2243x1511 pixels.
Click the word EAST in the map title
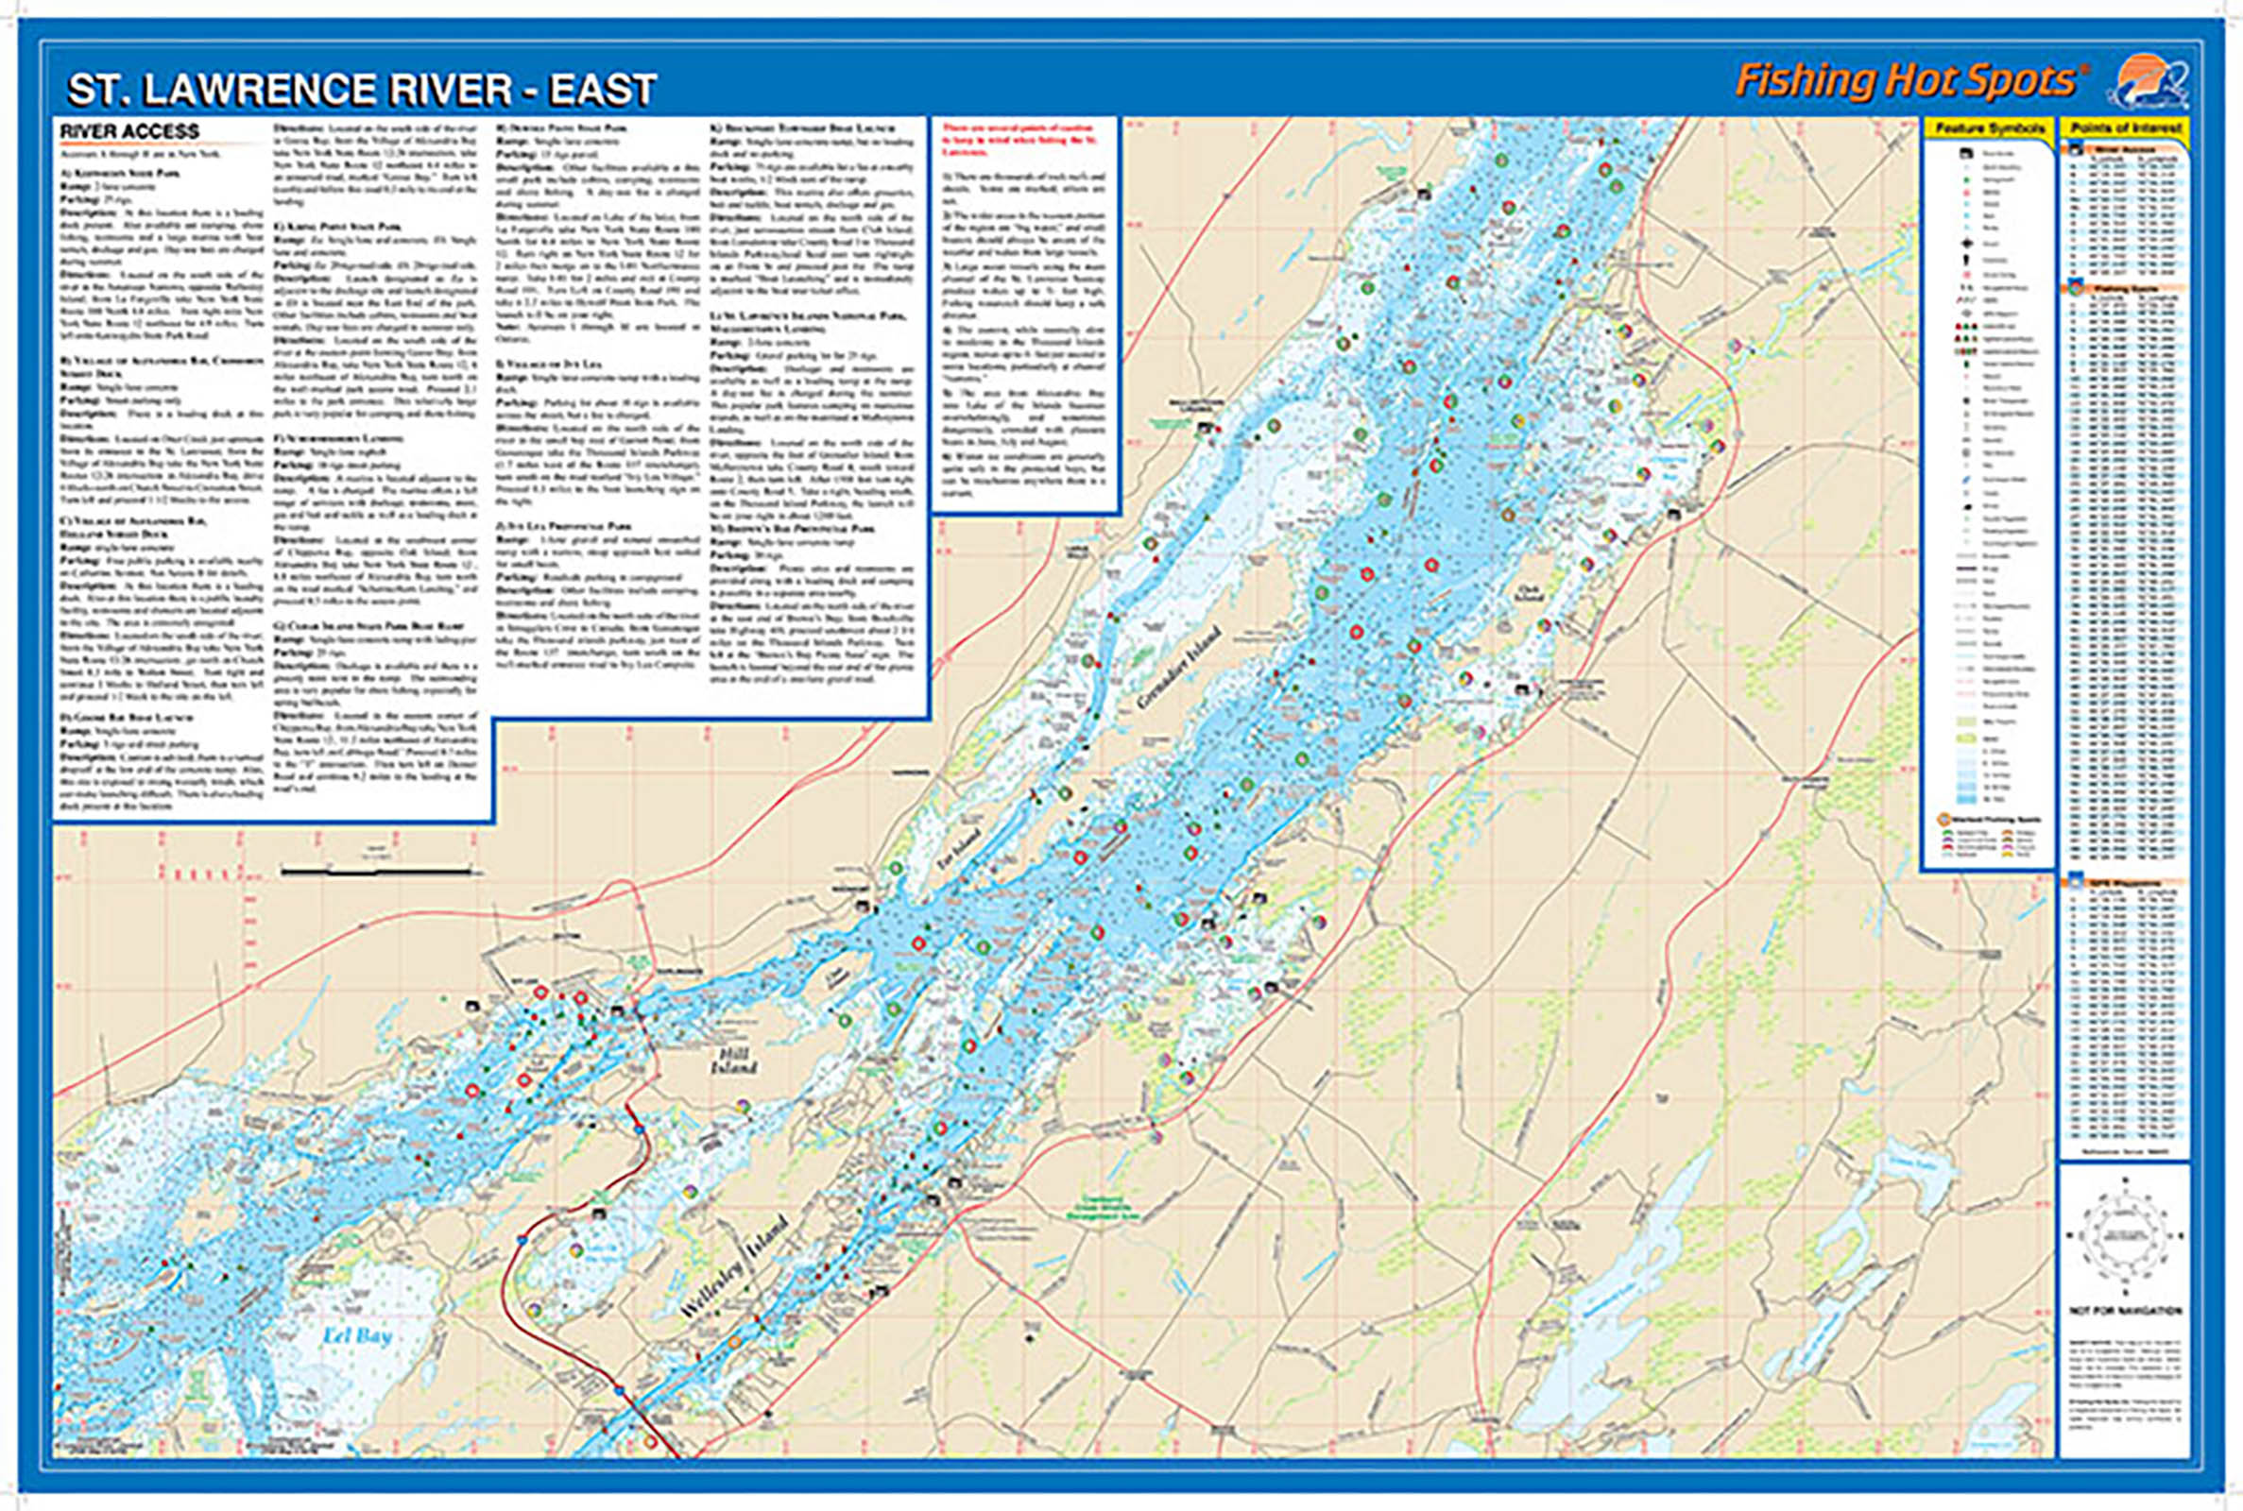coord(603,90)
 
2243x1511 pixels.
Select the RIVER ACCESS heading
coord(129,132)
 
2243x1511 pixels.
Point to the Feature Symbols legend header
coord(1989,129)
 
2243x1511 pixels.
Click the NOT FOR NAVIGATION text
coord(2125,1312)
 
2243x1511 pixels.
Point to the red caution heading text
coord(1021,133)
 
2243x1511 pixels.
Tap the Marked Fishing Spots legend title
coord(1989,819)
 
